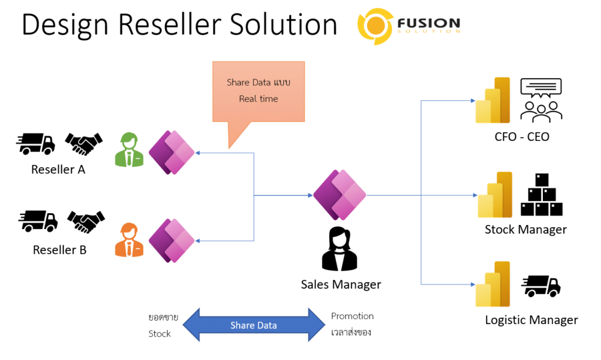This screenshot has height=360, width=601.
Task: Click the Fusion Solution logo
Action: pyautogui.click(x=408, y=26)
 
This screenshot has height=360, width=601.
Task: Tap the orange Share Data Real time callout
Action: pyautogui.click(x=259, y=92)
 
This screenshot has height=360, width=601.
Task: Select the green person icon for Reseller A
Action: pyautogui.click(x=129, y=150)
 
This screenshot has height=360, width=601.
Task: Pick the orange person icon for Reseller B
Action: pyautogui.click(x=129, y=240)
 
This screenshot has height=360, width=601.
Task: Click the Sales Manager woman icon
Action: pyautogui.click(x=340, y=249)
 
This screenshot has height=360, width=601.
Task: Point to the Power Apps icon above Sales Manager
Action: pyautogui.click(x=340, y=195)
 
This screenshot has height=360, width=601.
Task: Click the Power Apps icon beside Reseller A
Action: pyautogui.click(x=172, y=153)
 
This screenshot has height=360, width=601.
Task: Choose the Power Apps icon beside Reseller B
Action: pyautogui.click(x=172, y=240)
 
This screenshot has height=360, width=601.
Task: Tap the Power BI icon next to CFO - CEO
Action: pyautogui.click(x=493, y=100)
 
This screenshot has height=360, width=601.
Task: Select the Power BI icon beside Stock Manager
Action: pyautogui.click(x=495, y=195)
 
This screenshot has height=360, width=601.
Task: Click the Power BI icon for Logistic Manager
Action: pyautogui.click(x=493, y=284)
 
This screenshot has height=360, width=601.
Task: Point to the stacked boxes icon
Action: pyautogui.click(x=542, y=195)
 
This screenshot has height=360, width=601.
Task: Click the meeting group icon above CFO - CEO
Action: pyautogui.click(x=541, y=100)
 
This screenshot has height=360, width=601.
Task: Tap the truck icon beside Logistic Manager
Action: pyautogui.click(x=541, y=286)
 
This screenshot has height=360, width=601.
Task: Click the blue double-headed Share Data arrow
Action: pyautogui.click(x=254, y=325)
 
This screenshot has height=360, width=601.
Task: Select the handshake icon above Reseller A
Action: pyautogui.click(x=84, y=143)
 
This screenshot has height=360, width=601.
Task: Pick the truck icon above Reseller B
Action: pyautogui.click(x=38, y=221)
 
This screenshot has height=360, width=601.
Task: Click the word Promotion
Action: pyautogui.click(x=352, y=317)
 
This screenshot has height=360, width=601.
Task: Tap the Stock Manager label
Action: pyautogui.click(x=525, y=230)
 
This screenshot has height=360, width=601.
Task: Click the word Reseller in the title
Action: pyautogui.click(x=170, y=25)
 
